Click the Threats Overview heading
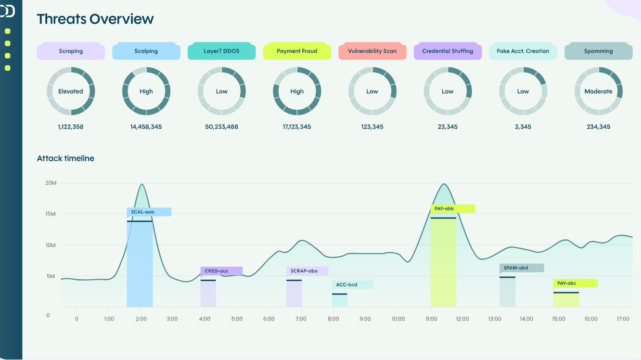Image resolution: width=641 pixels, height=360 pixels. (x=95, y=19)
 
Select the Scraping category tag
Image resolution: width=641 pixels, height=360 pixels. (x=71, y=51)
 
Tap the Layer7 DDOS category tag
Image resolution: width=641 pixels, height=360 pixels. (x=221, y=51)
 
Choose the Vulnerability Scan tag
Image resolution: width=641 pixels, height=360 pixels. (x=372, y=51)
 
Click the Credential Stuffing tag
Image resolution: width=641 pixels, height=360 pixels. (x=448, y=51)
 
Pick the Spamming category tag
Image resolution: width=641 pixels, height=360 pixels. (x=598, y=51)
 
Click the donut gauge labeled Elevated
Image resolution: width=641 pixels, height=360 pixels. (x=71, y=91)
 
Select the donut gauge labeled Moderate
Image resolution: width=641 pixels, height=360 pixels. (x=598, y=91)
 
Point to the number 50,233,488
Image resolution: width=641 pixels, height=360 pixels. (x=221, y=127)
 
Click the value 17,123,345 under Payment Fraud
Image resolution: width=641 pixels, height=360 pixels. (x=297, y=127)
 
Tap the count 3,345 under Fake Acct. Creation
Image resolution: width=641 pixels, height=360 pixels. (x=523, y=127)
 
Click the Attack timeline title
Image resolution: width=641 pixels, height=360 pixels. (x=65, y=158)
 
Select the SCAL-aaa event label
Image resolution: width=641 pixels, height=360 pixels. (x=149, y=212)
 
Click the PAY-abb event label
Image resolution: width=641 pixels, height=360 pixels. (x=452, y=208)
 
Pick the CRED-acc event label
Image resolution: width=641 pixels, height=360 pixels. (x=221, y=271)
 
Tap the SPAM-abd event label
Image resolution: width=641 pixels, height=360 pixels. (x=522, y=268)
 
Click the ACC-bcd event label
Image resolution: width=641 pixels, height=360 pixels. (x=352, y=285)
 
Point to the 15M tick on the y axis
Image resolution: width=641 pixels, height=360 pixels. (x=51, y=214)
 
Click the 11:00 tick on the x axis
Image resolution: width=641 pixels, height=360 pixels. (x=431, y=319)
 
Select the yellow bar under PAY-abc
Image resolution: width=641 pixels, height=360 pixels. (x=566, y=300)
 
